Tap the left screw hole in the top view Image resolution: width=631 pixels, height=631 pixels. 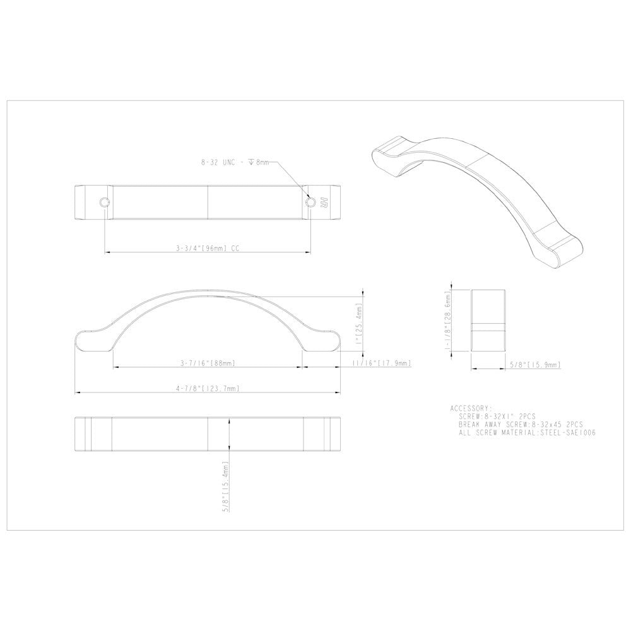103,203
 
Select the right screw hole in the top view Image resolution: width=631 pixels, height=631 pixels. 310,203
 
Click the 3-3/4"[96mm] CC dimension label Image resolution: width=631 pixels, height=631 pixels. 208,249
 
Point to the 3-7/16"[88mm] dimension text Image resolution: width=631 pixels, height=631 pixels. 208,363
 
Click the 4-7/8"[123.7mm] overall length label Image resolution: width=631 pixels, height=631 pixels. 208,389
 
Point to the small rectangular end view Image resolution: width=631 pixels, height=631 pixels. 488,322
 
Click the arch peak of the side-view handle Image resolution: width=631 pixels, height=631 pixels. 208,295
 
